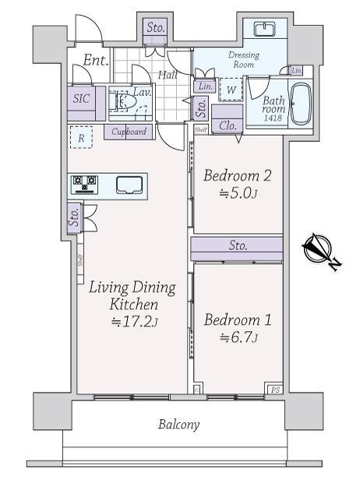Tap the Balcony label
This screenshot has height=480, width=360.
179,425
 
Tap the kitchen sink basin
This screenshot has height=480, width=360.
129,185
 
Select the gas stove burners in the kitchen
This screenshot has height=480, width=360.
84,184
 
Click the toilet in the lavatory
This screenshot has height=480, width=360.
121,102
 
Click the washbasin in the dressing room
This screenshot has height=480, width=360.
265,30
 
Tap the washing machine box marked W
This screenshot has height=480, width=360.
231,90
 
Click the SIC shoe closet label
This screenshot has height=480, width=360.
82,99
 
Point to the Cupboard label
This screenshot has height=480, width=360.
129,132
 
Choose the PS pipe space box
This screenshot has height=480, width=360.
274,388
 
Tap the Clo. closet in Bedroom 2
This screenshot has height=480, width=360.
228,126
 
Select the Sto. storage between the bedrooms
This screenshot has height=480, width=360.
238,246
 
